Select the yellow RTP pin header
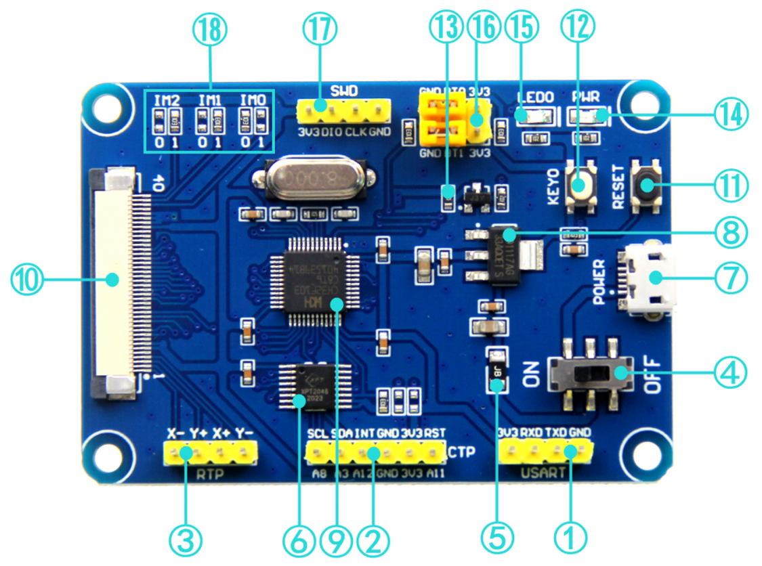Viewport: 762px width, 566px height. click(211, 452)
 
